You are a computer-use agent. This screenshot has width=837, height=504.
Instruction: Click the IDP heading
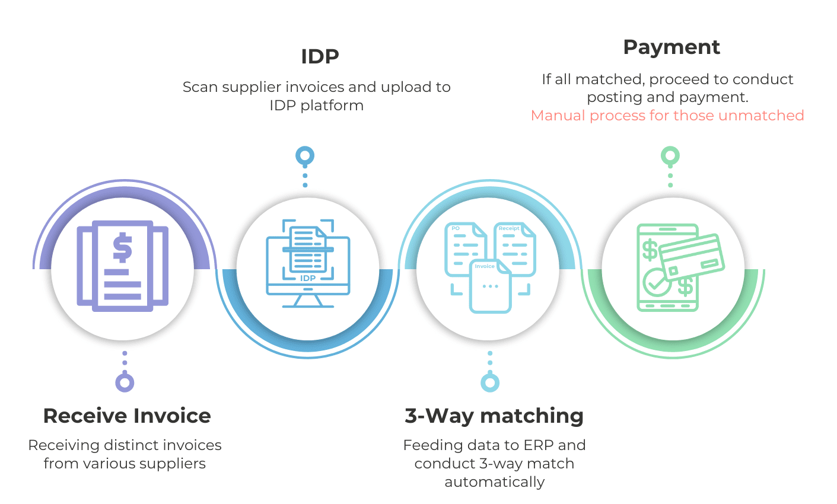tap(320, 57)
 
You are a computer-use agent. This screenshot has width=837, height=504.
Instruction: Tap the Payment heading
tap(671, 47)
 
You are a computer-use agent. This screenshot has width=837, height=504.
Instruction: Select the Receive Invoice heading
tap(127, 416)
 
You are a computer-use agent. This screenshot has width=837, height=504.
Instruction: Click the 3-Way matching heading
tap(494, 416)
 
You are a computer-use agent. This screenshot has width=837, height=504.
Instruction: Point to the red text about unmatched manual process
tap(667, 116)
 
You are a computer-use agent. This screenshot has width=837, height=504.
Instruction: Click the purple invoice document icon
tap(123, 266)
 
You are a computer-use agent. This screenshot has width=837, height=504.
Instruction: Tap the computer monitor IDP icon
tap(308, 264)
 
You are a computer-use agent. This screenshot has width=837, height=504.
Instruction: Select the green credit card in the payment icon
tap(692, 257)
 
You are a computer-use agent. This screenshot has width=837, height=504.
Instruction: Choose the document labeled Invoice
tap(491, 287)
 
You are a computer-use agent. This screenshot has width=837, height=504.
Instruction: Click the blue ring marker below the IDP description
tap(305, 157)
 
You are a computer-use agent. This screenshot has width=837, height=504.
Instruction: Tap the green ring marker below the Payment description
tap(670, 157)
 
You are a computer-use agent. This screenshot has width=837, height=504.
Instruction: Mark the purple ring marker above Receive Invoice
tap(125, 382)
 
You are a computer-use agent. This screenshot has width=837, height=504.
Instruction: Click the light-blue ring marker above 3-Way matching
tap(490, 382)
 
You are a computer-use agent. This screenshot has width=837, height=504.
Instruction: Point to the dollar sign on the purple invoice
tap(122, 248)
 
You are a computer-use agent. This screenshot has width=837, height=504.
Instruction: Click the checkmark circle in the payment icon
tap(655, 283)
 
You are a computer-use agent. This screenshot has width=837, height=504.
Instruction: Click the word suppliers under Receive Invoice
tap(172, 464)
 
